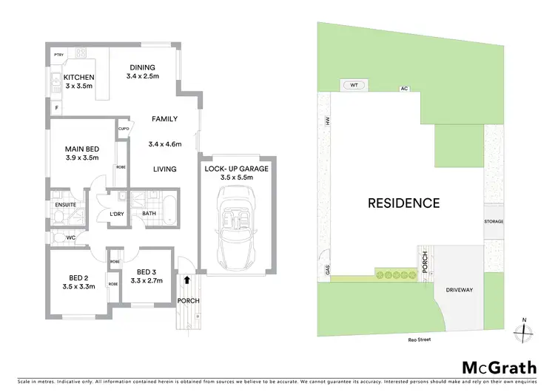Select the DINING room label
[x=141, y=67]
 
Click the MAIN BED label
[x=82, y=148]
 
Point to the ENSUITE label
[x=64, y=205]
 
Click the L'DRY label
[x=116, y=214]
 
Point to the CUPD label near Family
[x=124, y=129]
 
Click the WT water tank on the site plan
[x=354, y=85]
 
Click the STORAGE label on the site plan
[x=494, y=221]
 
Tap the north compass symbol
[x=523, y=331]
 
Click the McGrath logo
[x=489, y=368]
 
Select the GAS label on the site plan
[x=326, y=270]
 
